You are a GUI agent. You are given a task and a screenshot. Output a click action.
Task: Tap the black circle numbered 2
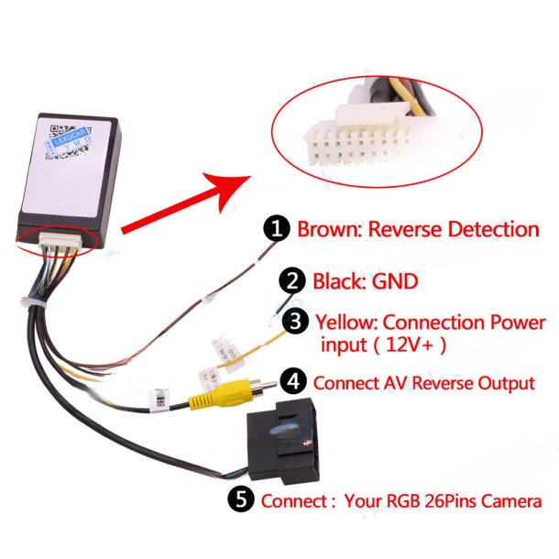coord(295,280)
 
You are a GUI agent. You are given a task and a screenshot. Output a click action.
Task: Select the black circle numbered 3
coord(295,323)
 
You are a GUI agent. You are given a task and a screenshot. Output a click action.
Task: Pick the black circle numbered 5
coord(241,500)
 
